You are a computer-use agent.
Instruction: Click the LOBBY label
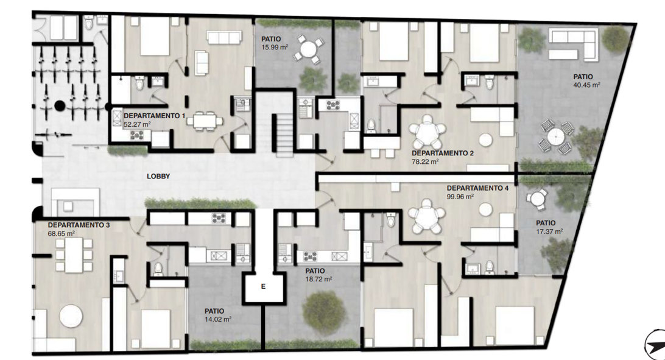tap(158, 177)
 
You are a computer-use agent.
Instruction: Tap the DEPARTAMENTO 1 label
tap(155, 116)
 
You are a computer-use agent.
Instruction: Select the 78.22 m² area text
tap(425, 161)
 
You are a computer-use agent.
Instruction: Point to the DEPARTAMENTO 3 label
tap(79, 225)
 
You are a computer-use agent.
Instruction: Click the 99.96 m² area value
tap(460, 197)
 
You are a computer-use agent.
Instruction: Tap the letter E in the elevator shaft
tap(263, 287)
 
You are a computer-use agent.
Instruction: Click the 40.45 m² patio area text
tap(586, 85)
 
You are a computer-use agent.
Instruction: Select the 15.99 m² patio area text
tap(275, 47)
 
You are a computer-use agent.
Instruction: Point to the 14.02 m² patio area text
tap(218, 319)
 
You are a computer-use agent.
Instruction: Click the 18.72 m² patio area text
tap(318, 279)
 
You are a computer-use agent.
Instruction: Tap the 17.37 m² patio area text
tap(549, 231)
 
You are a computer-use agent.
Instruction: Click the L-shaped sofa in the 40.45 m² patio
tap(574, 43)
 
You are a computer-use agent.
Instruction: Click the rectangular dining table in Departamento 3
tap(74, 255)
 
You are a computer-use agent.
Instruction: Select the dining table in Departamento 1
tap(205, 121)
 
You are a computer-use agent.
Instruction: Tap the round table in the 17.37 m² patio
tap(537, 199)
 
